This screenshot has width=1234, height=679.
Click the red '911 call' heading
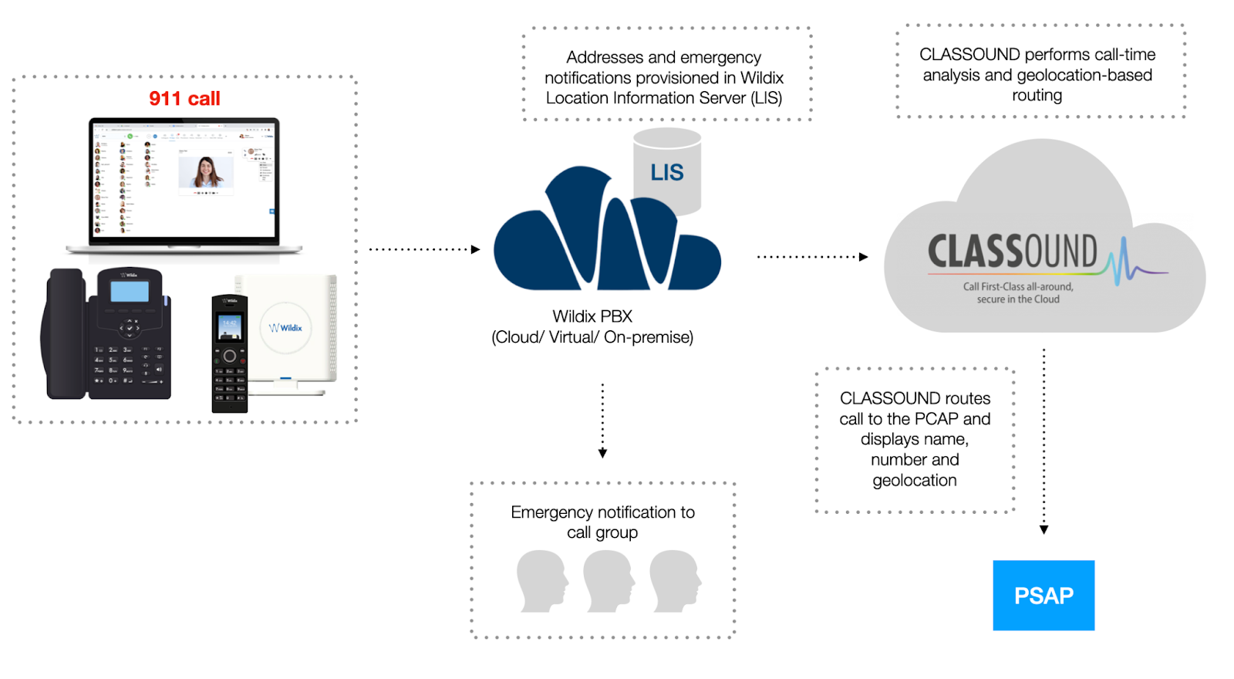[184, 99]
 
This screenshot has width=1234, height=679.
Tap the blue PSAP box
[1043, 596]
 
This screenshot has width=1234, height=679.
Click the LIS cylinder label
[666, 173]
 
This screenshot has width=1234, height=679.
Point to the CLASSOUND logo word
[1012, 252]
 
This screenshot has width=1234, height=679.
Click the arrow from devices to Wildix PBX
[424, 249]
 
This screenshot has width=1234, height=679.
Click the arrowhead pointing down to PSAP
[1044, 529]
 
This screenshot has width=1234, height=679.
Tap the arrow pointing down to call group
[602, 421]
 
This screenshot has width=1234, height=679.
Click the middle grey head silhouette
[609, 580]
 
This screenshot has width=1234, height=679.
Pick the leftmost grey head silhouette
[542, 580]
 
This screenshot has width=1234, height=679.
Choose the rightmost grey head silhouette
[675, 580]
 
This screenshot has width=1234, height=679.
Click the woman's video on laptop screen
[205, 171]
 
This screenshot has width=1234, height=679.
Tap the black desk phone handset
[65, 333]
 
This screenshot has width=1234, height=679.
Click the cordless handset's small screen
[229, 327]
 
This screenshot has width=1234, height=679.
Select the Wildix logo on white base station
[286, 328]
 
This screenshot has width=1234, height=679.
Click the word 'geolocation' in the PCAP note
[915, 481]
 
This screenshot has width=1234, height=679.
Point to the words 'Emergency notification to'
[602, 512]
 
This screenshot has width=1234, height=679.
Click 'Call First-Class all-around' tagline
[1017, 286]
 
